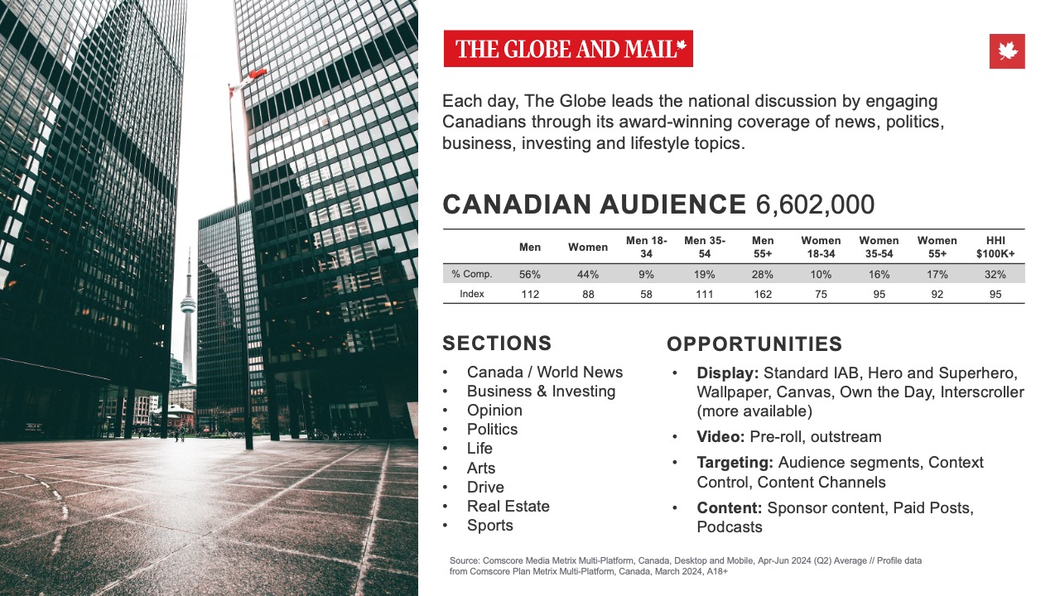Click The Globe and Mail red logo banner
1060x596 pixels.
pyautogui.click(x=568, y=49)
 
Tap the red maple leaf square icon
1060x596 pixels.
pyautogui.click(x=1007, y=51)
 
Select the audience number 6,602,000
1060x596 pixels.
pyautogui.click(x=815, y=204)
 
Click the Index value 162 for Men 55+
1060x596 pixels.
pyautogui.click(x=762, y=294)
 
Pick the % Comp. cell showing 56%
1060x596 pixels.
pyautogui.click(x=530, y=274)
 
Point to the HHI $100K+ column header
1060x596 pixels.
pyautogui.click(x=995, y=247)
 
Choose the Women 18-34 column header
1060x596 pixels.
pyautogui.click(x=821, y=247)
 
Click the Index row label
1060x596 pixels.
pyautogui.click(x=472, y=294)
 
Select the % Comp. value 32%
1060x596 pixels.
pyautogui.click(x=995, y=274)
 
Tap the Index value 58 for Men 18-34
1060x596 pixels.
pyautogui.click(x=646, y=294)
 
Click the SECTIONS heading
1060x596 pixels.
pyautogui.click(x=497, y=344)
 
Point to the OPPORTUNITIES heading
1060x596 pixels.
pyautogui.click(x=754, y=344)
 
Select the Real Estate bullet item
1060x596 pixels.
pyautogui.click(x=508, y=506)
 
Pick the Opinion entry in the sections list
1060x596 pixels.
pyautogui.click(x=494, y=410)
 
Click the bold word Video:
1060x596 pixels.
pyautogui.click(x=721, y=436)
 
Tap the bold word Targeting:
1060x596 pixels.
pyautogui.click(x=735, y=462)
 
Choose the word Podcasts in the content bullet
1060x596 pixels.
pyautogui.click(x=730, y=526)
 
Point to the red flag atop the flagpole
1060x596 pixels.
pyautogui.click(x=253, y=74)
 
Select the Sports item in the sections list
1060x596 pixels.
pyautogui.click(x=489, y=525)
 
